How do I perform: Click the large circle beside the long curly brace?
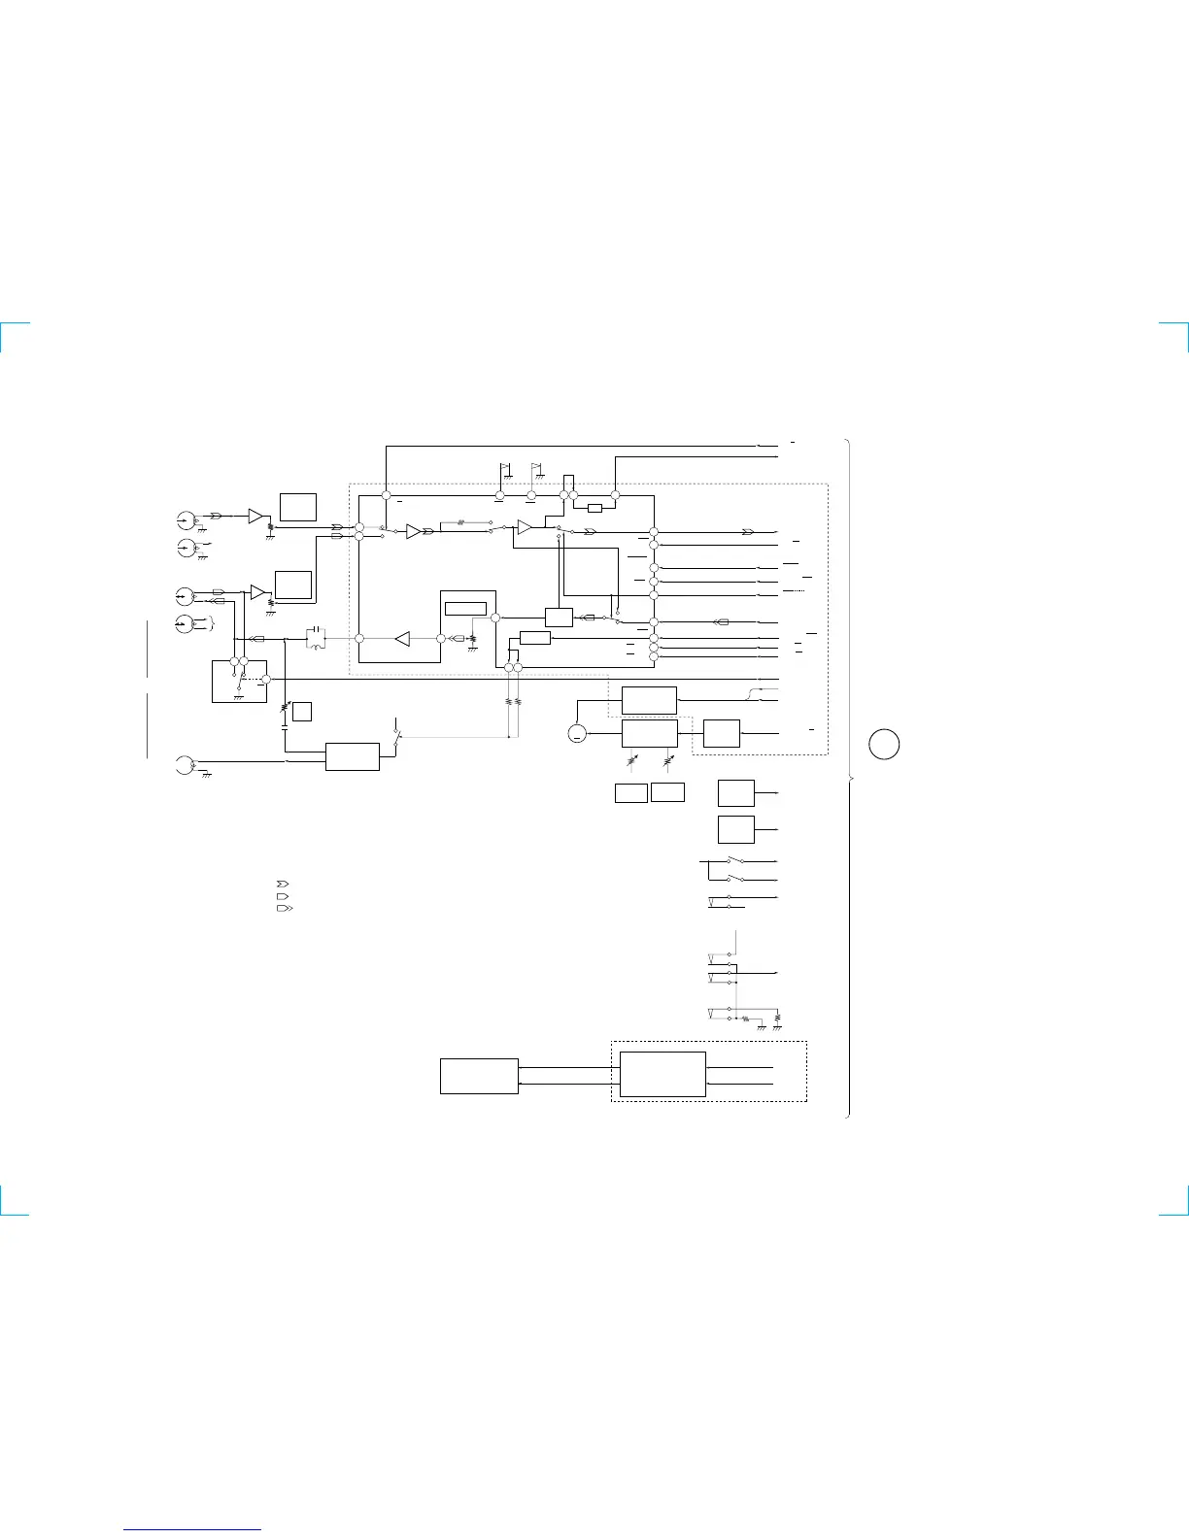(x=884, y=745)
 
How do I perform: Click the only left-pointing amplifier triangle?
(x=402, y=638)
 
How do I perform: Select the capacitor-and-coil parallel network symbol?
(x=316, y=638)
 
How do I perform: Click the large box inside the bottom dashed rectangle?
(x=662, y=1074)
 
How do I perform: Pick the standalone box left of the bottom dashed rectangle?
(x=479, y=1076)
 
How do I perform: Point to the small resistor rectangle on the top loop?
(x=594, y=508)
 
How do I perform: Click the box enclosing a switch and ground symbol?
(x=239, y=681)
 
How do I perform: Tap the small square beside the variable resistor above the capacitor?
(x=302, y=711)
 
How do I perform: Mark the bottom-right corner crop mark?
(x=1178, y=1205)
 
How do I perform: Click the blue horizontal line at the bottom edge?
(x=192, y=1530)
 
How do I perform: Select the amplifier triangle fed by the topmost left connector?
(x=256, y=516)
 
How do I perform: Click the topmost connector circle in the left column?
(x=186, y=517)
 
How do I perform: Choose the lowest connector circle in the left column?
(x=184, y=764)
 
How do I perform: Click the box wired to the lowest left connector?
(x=352, y=756)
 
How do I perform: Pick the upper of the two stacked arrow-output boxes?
(x=735, y=792)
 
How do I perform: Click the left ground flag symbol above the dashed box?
(x=504, y=471)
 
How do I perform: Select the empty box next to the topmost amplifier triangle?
(x=297, y=507)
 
